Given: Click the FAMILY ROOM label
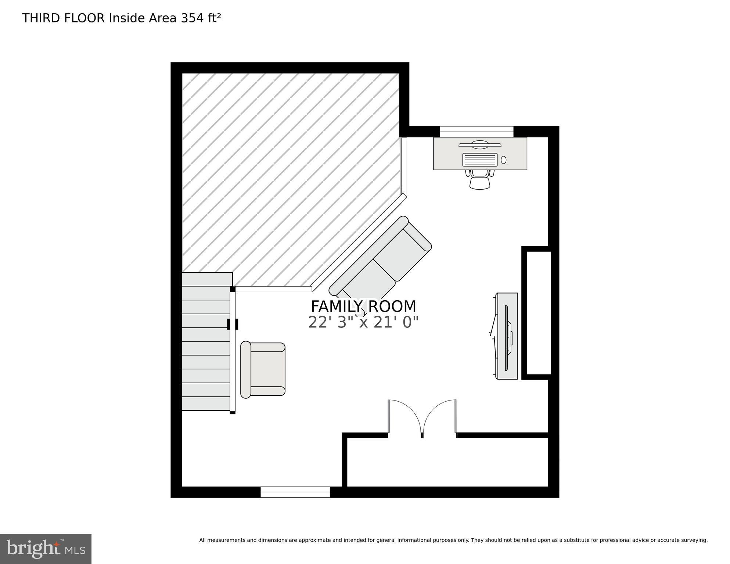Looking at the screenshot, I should tap(363, 306).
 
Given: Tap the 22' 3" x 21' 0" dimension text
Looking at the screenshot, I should tap(363, 323).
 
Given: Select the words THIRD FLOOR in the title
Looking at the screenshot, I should tap(63, 18).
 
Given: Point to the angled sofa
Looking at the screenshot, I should tap(380, 261).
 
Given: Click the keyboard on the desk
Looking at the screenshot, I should tap(480, 160).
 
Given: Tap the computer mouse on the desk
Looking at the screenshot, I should tap(504, 160).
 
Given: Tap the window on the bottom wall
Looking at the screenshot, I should tap(295, 492).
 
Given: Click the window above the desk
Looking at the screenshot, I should tap(477, 131).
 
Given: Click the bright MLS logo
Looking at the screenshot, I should tap(46, 549).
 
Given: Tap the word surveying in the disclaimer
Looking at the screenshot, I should tap(694, 540).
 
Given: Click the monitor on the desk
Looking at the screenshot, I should tap(480, 145).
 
